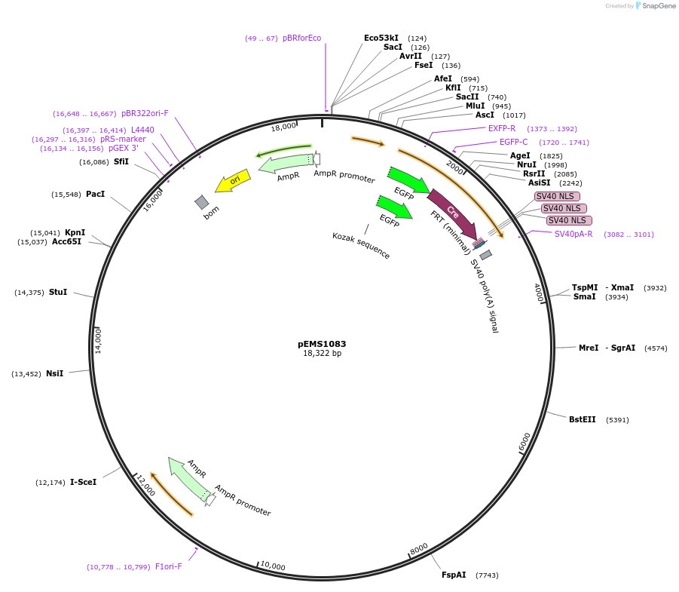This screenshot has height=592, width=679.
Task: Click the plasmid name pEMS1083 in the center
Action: [322, 344]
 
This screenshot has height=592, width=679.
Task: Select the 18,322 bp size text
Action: [322, 354]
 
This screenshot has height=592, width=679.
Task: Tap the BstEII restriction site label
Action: [582, 420]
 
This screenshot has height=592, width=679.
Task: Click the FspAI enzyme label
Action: [454, 575]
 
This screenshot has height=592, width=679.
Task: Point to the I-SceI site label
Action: [83, 482]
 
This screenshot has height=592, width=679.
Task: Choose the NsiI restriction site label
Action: [54, 373]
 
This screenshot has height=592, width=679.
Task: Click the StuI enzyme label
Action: [57, 292]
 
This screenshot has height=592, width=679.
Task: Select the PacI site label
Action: [95, 195]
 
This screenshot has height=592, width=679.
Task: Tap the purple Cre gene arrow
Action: [452, 215]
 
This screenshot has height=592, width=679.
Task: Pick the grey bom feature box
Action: [201, 202]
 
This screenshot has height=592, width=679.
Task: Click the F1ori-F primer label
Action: [168, 566]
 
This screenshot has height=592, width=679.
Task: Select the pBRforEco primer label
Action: [301, 38]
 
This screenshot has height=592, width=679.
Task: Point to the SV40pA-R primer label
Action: [573, 234]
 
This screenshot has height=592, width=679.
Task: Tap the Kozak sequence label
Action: [361, 246]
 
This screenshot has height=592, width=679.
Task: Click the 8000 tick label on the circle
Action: [419, 548]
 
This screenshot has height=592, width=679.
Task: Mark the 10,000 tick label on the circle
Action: [272, 566]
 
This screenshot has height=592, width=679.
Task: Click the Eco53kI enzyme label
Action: [381, 38]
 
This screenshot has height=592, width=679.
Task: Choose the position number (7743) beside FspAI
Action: [487, 575]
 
